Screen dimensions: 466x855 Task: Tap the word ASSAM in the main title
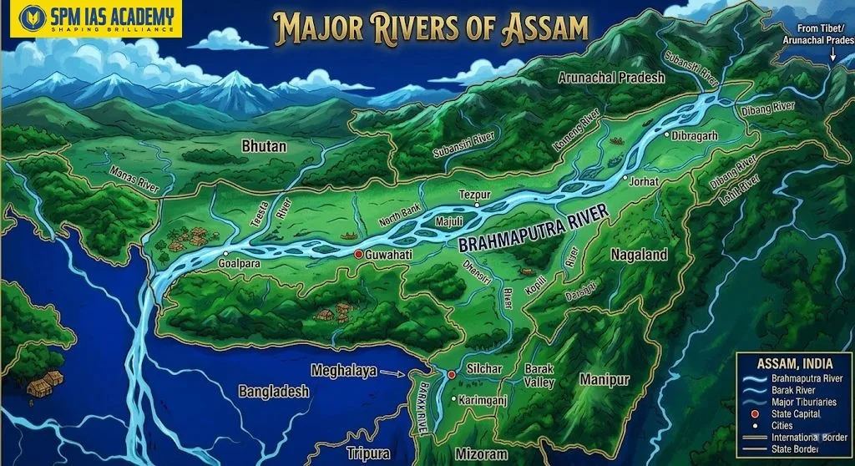pyautogui.click(x=545, y=27)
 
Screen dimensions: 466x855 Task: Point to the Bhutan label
pyautogui.click(x=264, y=146)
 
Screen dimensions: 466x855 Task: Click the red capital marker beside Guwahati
pyautogui.click(x=358, y=253)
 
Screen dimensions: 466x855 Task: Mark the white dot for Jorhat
pyautogui.click(x=625, y=178)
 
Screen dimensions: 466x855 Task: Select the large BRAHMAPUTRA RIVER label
pyautogui.click(x=534, y=231)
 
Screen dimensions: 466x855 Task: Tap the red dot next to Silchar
pyautogui.click(x=452, y=375)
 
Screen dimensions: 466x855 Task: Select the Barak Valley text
pyautogui.click(x=539, y=375)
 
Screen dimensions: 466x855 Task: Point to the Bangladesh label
pyautogui.click(x=274, y=391)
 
